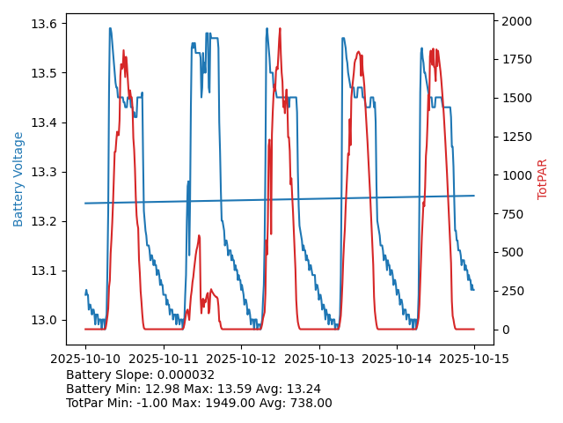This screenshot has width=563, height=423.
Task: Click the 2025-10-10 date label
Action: coord(85,359)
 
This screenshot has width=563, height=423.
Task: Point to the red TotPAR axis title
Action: coord(543,179)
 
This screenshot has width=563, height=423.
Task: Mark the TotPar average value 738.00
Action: coord(309,403)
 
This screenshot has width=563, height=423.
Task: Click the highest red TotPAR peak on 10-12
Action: coord(280,28)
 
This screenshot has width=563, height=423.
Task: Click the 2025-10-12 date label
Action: coord(241,359)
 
